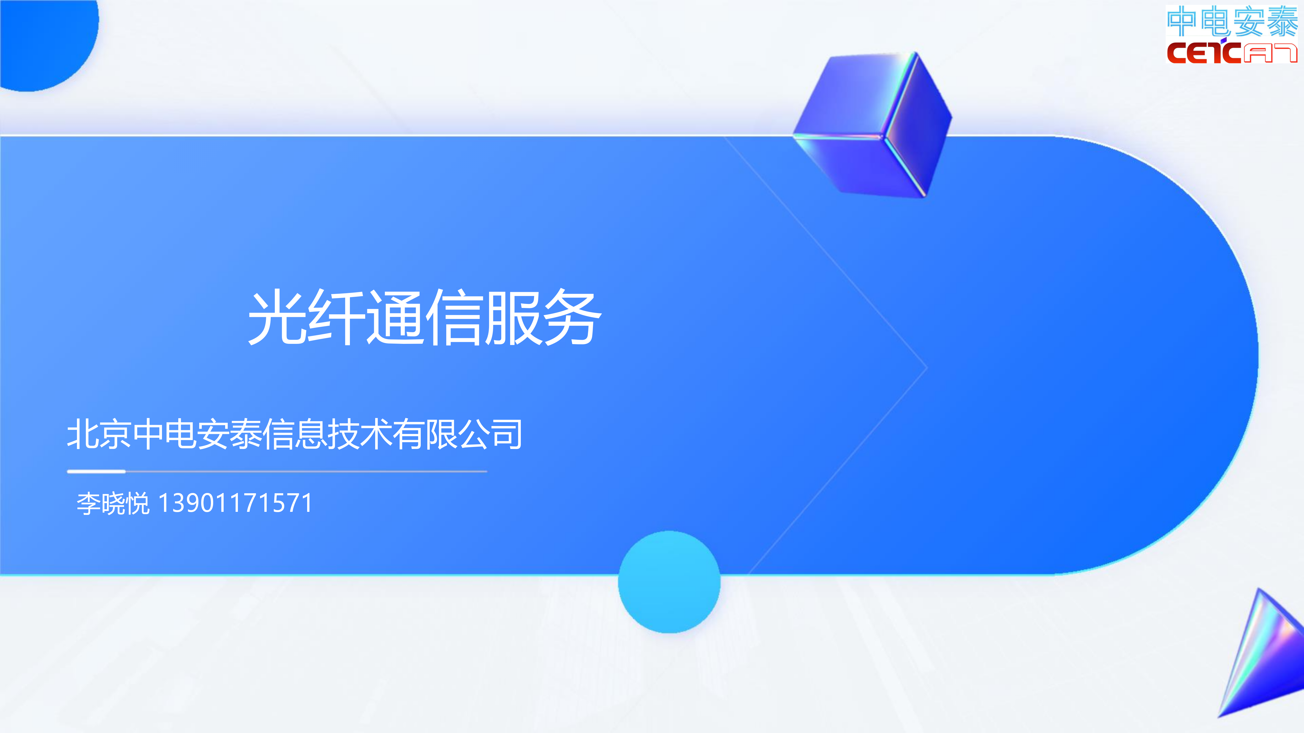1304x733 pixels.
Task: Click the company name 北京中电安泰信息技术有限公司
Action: coord(295,434)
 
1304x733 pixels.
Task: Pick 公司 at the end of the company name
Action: coord(491,434)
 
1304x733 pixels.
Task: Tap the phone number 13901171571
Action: coord(235,503)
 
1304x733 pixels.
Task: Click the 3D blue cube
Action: coord(873,124)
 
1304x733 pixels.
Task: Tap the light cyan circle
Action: coord(669,582)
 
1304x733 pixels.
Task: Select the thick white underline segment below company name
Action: coord(96,471)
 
